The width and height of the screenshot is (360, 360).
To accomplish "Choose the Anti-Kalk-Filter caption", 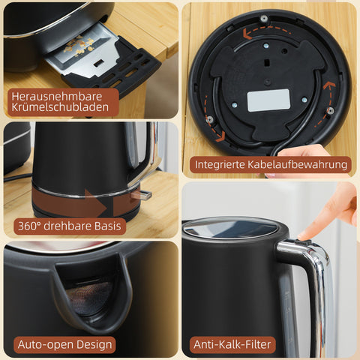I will (233, 345).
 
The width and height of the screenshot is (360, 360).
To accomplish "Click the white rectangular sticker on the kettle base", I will (268, 100).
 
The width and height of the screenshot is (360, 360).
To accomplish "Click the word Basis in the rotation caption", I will (97, 225).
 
